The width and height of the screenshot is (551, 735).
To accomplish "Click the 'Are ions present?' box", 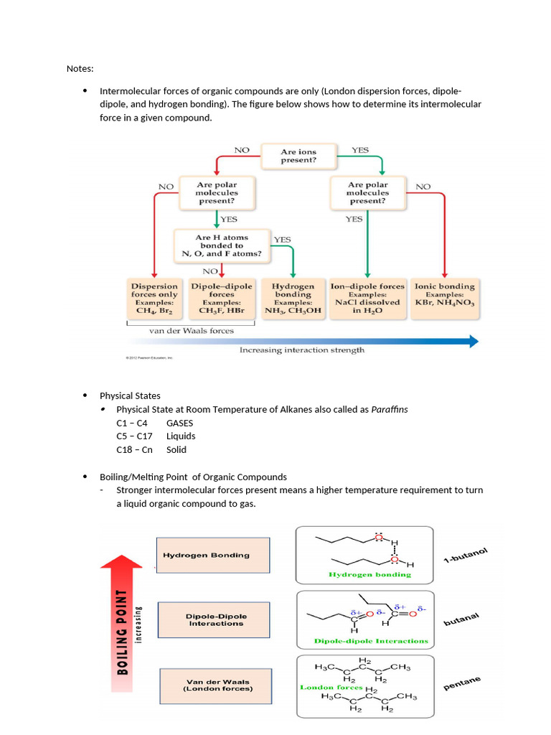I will [x=298, y=156].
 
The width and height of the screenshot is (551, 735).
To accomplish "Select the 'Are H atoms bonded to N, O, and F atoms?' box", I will [x=222, y=245].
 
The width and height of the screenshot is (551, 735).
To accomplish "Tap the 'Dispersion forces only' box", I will [x=154, y=299].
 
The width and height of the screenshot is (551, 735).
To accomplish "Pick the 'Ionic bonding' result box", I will [x=445, y=299].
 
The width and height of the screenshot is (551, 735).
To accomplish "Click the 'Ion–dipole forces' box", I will [x=367, y=299].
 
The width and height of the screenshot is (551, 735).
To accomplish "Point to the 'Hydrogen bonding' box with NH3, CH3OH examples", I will [x=293, y=299].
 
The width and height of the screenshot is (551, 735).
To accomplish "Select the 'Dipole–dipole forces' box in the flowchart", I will [x=222, y=299].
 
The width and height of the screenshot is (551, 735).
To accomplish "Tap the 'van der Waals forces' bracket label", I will [x=191, y=331].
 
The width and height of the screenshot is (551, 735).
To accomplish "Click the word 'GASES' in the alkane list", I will [x=179, y=423].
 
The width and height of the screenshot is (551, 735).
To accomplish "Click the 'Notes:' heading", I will [x=80, y=69].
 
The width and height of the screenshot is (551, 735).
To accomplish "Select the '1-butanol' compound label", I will [x=465, y=556].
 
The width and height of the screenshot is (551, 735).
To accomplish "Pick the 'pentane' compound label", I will [x=462, y=683].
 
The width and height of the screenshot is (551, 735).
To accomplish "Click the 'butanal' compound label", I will [x=461, y=620].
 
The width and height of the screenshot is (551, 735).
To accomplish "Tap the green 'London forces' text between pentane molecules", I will [x=331, y=687].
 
